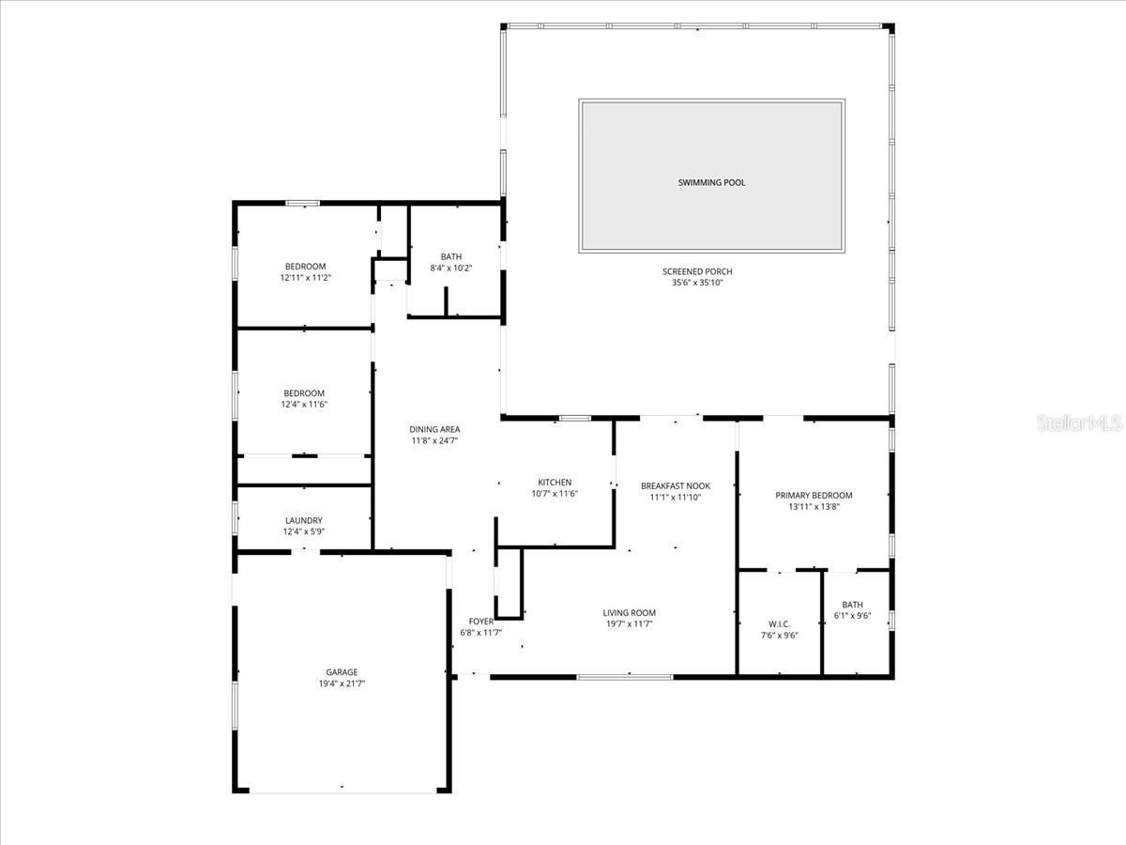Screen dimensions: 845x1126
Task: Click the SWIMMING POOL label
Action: [x=711, y=182]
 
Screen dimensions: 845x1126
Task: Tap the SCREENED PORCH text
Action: [x=697, y=271]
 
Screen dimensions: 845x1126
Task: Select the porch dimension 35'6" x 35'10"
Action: [x=697, y=283]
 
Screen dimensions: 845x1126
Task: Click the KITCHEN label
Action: [x=555, y=483]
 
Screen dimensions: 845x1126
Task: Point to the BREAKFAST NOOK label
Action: [x=676, y=486]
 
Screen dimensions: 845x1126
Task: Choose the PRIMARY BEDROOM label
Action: [x=814, y=496]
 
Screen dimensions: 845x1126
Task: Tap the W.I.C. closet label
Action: [x=779, y=624]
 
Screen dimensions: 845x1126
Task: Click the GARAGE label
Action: [x=342, y=672]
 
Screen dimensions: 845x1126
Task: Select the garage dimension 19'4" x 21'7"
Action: [x=342, y=684]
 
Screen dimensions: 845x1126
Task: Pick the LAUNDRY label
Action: [x=304, y=520]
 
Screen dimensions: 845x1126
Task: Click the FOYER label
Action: [x=480, y=622]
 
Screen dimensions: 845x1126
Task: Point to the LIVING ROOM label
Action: [x=629, y=613]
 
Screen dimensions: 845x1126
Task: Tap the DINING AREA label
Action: [x=434, y=429]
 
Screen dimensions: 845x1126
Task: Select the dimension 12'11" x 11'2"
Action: [x=306, y=278]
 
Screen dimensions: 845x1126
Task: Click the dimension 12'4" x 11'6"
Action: [x=304, y=405]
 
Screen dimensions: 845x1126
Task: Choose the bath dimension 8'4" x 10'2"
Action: [x=451, y=268]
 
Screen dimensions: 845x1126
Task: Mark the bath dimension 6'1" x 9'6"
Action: [x=852, y=616]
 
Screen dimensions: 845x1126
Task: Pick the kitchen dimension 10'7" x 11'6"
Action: [x=555, y=494]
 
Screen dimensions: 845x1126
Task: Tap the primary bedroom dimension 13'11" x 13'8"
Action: [x=814, y=507]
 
